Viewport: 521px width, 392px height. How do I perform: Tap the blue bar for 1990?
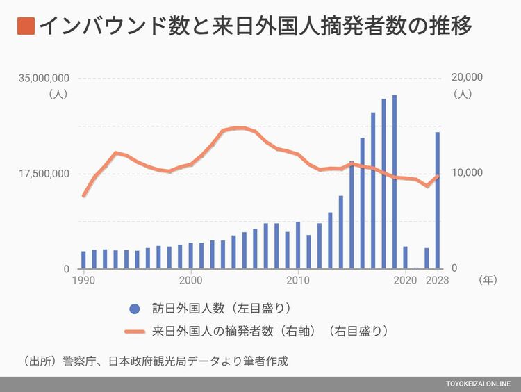click(83, 260)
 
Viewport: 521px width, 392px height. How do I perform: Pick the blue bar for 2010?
click(298, 245)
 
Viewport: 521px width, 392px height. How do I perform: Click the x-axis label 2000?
click(190, 281)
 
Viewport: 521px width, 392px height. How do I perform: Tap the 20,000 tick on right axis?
click(468, 77)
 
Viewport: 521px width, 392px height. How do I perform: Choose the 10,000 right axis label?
click(468, 173)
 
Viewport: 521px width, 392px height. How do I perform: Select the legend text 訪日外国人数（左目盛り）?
click(221, 308)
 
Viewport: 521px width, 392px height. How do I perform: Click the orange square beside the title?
click(24, 26)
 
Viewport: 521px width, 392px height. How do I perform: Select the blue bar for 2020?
click(405, 257)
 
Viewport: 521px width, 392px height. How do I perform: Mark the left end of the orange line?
click(83, 196)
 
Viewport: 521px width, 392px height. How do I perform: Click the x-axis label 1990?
click(83, 281)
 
